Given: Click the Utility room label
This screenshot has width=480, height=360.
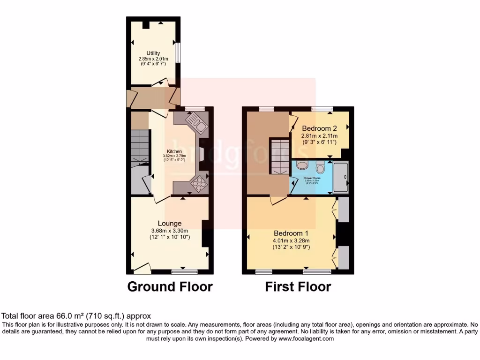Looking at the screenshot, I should (153, 53).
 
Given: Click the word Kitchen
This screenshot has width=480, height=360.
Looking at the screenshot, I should (174, 151).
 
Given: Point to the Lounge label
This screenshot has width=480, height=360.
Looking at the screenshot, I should (169, 223).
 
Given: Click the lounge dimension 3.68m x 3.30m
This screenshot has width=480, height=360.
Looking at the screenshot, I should (169, 231).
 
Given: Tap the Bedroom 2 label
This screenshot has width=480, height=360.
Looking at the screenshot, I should (319, 128).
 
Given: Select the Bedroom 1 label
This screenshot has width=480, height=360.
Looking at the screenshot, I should (291, 233).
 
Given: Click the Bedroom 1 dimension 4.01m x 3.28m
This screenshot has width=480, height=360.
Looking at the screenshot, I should (291, 240).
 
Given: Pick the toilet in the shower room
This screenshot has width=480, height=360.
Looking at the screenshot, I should (321, 166).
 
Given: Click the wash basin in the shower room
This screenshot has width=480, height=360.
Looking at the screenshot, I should (302, 165).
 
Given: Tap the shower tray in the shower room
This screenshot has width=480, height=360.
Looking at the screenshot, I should (341, 177).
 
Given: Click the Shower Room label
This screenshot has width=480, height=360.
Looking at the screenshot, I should (311, 178).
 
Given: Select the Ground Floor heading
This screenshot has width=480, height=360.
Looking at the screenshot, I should (170, 286).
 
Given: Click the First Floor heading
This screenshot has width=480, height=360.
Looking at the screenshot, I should (298, 286).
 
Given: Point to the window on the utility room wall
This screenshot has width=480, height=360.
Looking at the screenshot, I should (178, 52).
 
